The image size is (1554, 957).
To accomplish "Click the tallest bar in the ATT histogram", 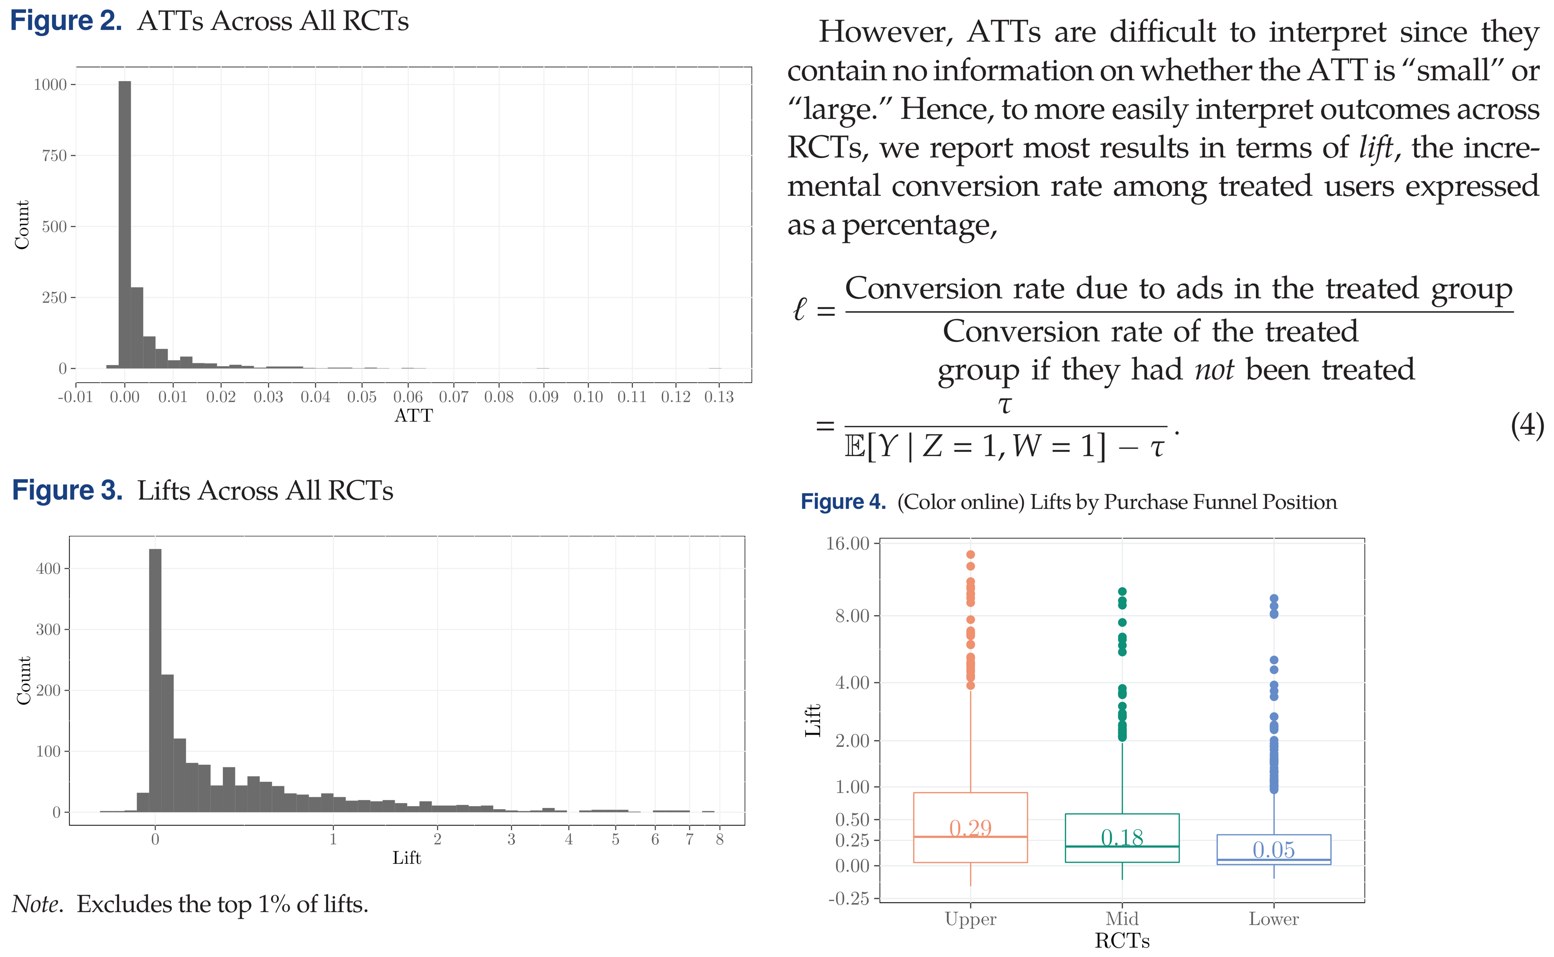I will click(125, 225).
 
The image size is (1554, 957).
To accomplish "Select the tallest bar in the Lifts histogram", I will click(155, 681).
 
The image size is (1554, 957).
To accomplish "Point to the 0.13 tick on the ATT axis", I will click(719, 397).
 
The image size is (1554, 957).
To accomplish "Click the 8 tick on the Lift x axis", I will click(719, 839).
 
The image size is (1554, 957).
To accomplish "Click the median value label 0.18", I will click(1122, 838).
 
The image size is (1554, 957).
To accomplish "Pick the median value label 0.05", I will click(1274, 849).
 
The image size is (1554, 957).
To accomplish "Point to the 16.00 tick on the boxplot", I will click(847, 543).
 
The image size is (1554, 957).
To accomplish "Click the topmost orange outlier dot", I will click(971, 555).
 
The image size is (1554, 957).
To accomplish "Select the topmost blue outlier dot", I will click(1274, 598).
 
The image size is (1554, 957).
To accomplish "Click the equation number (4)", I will click(1527, 426).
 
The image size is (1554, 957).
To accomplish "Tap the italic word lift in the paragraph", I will click(1376, 147).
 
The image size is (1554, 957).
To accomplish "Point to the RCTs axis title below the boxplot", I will click(1122, 940).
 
